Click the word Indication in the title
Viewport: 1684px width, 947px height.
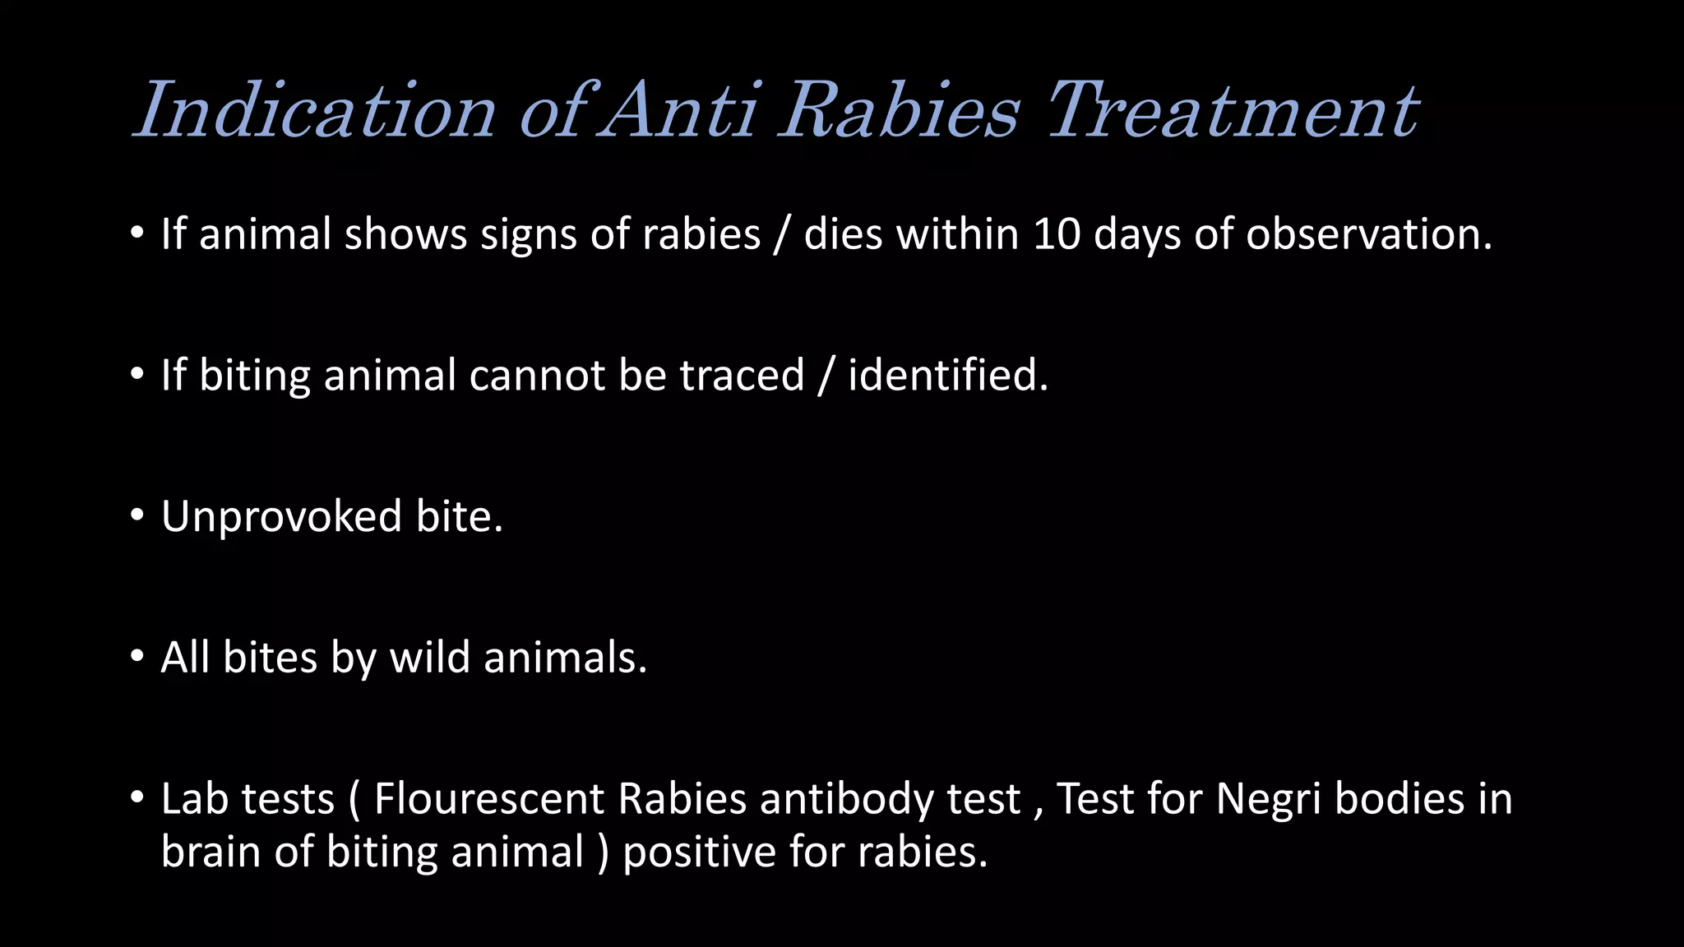[x=315, y=110]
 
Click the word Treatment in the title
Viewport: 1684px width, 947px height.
[x=1233, y=110]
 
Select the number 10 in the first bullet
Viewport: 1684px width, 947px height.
[x=1057, y=234]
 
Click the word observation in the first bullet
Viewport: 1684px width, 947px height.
[x=1368, y=234]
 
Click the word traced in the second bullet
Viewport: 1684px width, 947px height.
[x=741, y=376]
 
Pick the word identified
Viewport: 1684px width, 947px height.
[x=947, y=376]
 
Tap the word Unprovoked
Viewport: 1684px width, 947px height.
[x=281, y=517]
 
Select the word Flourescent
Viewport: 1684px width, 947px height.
[x=488, y=799]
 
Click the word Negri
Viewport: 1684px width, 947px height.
[x=1268, y=799]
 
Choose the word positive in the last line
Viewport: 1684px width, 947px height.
[x=699, y=852]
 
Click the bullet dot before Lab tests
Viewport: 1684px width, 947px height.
[x=137, y=797]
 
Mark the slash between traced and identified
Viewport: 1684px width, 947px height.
[x=826, y=376]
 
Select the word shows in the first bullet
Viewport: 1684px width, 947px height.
[x=405, y=234]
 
